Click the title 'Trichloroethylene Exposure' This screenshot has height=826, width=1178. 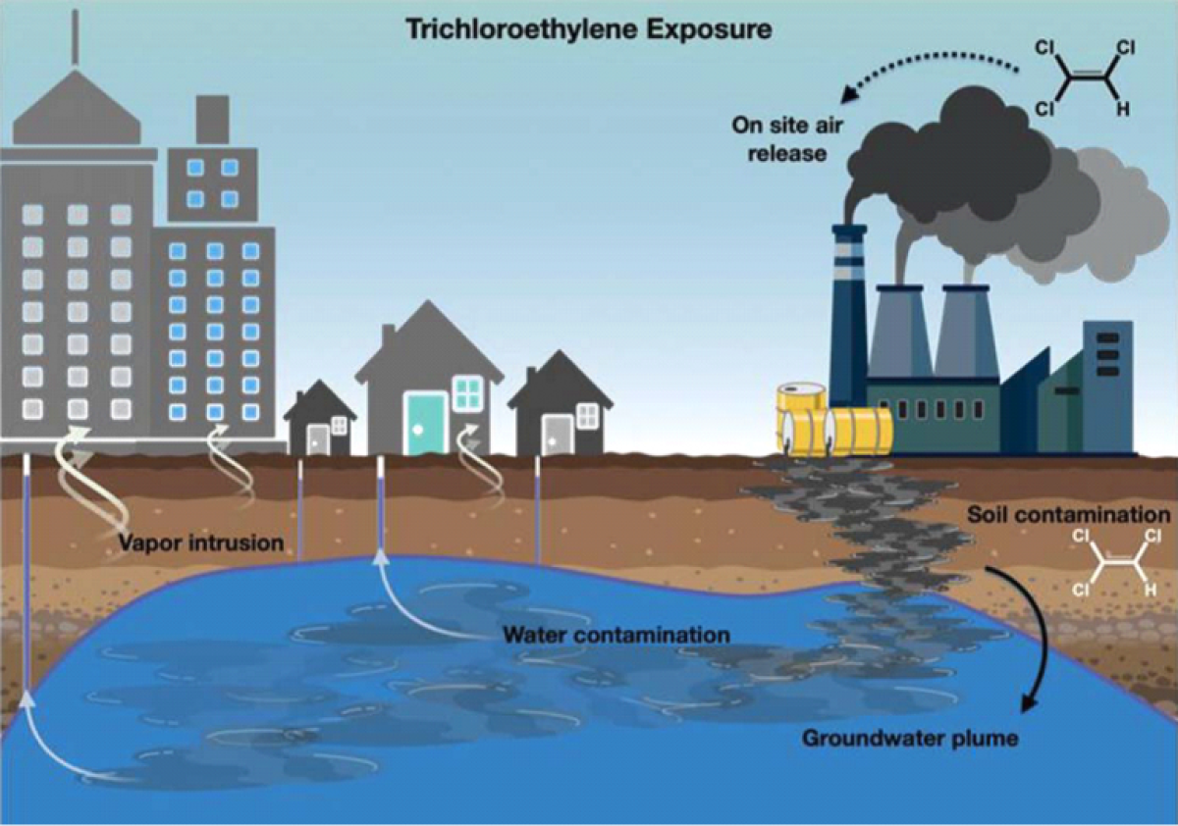(x=589, y=28)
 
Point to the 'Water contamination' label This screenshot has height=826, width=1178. (x=616, y=635)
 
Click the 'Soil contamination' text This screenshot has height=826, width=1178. (x=1068, y=515)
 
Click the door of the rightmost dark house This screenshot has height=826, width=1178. (x=557, y=435)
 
